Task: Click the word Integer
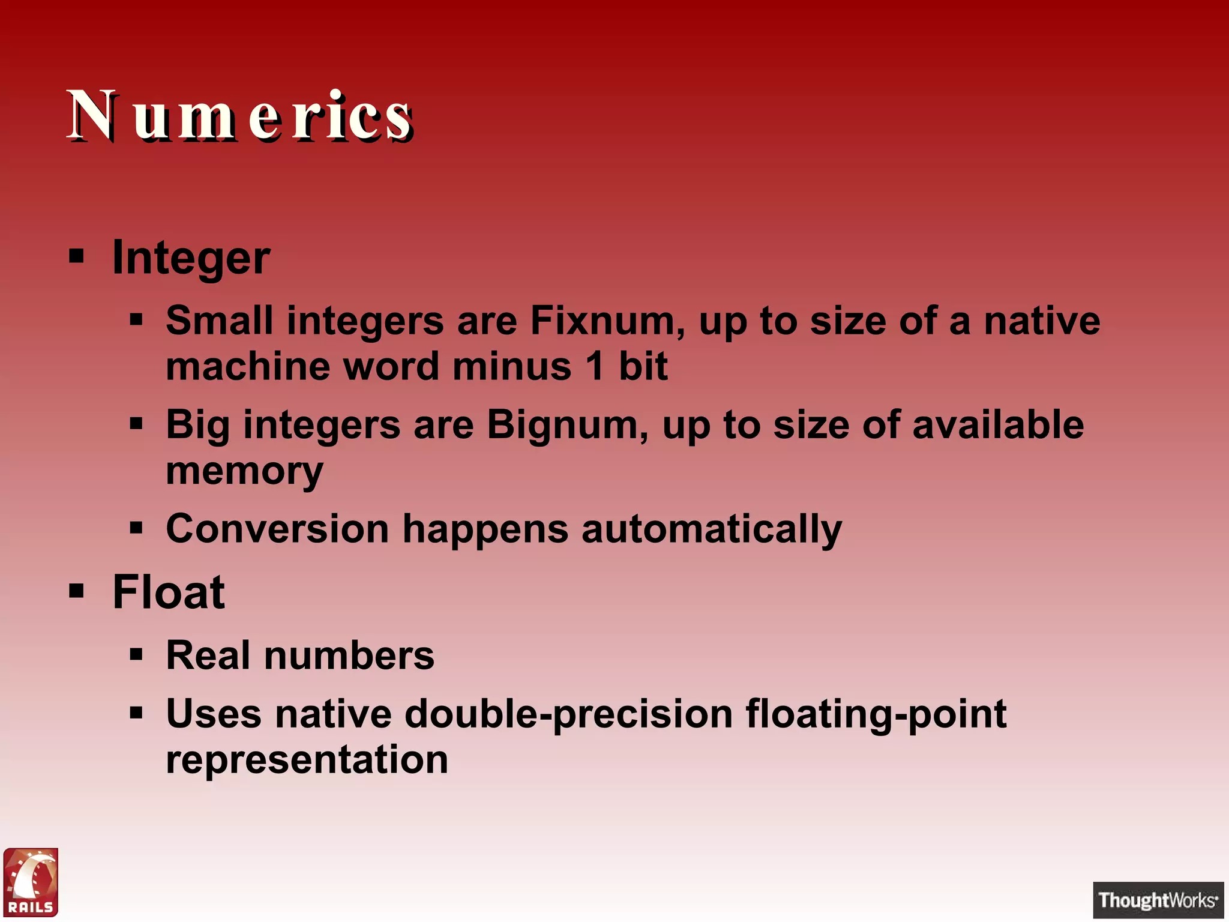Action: pyautogui.click(x=191, y=258)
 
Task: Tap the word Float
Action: pyautogui.click(x=169, y=592)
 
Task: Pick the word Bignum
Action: pyautogui.click(x=568, y=425)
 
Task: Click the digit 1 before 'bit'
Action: pyautogui.click(x=595, y=366)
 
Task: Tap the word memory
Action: pyautogui.click(x=244, y=472)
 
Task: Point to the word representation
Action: pyautogui.click(x=307, y=760)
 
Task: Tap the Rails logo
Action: pyautogui.click(x=31, y=882)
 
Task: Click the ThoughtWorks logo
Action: pyautogui.click(x=1158, y=900)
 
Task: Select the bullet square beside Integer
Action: pyautogui.click(x=76, y=257)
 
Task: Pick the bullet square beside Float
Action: pyautogui.click(x=76, y=591)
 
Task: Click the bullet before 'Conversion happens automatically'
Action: pyautogui.click(x=136, y=529)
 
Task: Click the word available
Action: pyautogui.click(x=997, y=425)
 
